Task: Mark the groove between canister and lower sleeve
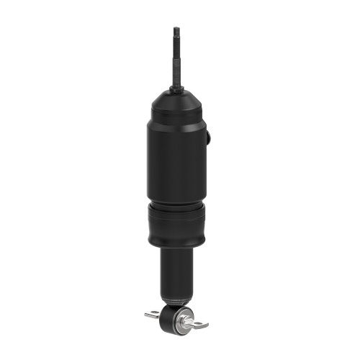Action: click(176, 204)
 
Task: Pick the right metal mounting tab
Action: click(199, 324)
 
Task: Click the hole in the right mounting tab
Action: click(202, 325)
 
